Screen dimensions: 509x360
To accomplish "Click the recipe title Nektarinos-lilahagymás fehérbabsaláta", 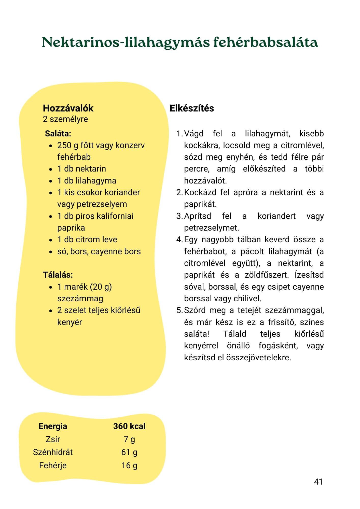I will pos(180,43).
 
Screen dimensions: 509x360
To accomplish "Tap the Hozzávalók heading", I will pos(68,108).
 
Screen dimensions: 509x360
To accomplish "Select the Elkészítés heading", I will pos(192,108).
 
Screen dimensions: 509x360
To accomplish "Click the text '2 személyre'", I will pos(65,119).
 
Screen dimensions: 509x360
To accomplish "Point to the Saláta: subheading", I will pos(58,134).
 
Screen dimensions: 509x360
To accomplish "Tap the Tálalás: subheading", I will pos(58,275).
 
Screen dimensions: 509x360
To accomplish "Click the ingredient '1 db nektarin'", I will pos(81,169).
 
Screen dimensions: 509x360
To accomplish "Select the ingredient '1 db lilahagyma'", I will pos(87,181).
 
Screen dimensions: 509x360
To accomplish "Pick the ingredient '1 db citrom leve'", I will pos(87,239).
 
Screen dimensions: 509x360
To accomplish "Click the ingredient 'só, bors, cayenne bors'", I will pos(99,251).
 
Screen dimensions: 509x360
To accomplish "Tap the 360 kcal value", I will pos(129,426).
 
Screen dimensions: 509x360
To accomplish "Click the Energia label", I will pos(53,426).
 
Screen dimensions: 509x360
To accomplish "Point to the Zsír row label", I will pos(53,439).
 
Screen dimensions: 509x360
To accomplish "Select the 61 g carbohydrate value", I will pos(129,452).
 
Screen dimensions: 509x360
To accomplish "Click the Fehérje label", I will pos(53,465).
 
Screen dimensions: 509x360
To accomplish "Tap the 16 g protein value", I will pos(129,465).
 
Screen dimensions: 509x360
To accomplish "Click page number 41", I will pos(318,482).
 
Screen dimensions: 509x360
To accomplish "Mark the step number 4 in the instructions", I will pos(179,240).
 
